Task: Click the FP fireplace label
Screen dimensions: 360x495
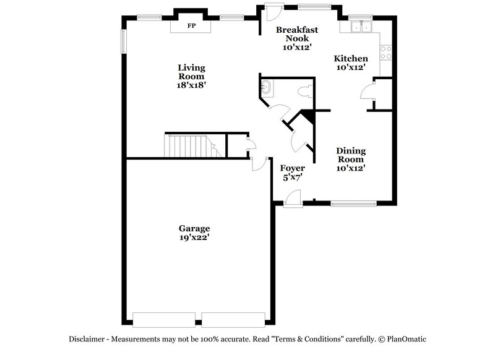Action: pos(191,27)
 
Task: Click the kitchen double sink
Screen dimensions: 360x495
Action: pos(360,27)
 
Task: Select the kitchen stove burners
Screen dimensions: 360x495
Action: pos(385,53)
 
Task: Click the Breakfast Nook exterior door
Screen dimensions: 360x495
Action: pos(271,12)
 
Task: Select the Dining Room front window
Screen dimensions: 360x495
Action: pos(353,202)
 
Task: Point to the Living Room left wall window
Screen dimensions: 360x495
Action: pos(123,41)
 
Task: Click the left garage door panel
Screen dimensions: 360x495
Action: pos(163,320)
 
